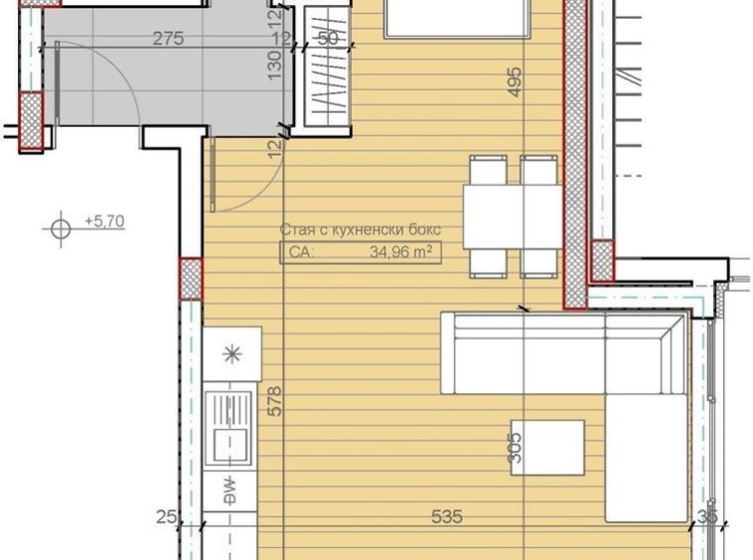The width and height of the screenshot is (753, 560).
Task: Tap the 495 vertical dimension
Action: (x=514, y=82)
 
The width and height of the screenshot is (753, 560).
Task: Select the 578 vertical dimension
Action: (x=276, y=400)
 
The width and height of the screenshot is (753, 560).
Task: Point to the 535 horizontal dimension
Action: (x=447, y=517)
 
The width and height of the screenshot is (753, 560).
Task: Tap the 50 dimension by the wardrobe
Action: (x=328, y=40)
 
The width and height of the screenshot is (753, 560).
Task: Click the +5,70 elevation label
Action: (x=104, y=221)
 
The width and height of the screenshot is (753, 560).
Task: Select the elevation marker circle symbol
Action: (x=61, y=229)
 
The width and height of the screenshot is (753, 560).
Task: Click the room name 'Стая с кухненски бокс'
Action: (x=360, y=230)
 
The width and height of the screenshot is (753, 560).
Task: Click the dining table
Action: (x=513, y=216)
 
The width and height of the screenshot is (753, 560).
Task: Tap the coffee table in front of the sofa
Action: (x=547, y=448)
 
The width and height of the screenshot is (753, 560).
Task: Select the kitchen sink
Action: (x=229, y=427)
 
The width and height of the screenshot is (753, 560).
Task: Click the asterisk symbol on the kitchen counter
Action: (x=231, y=354)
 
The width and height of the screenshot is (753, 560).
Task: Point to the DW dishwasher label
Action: (x=229, y=490)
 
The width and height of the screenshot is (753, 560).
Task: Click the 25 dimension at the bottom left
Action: (x=166, y=517)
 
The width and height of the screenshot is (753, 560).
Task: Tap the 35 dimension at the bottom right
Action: (x=708, y=517)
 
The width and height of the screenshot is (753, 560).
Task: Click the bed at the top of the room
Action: (x=458, y=18)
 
